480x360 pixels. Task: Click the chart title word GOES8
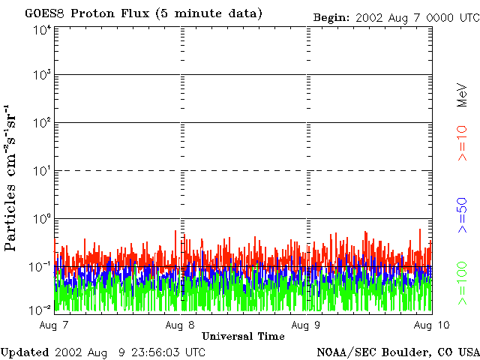[x=42, y=13]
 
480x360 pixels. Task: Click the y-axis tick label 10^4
[x=42, y=30]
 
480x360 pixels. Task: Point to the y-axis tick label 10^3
[x=42, y=76]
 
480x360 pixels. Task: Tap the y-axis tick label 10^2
[x=42, y=124]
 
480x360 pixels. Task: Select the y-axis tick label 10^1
[x=42, y=172]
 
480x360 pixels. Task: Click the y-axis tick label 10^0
[x=42, y=219]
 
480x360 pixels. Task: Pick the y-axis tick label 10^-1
[x=42, y=265]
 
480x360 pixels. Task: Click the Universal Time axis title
[x=243, y=336]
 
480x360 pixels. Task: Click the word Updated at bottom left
[x=25, y=352]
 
